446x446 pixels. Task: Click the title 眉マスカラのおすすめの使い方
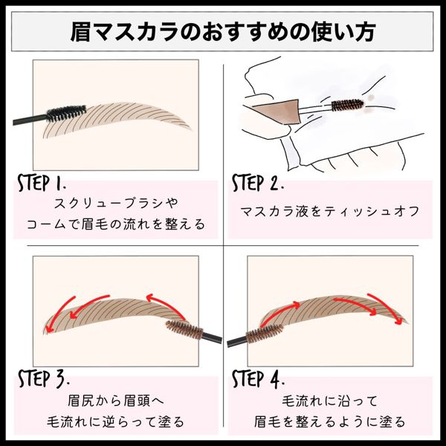tap(223, 31)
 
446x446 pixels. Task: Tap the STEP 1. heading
tap(42, 183)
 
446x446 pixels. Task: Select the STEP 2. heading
tap(258, 183)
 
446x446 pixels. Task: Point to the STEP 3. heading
tap(43, 378)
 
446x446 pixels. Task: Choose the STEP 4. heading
tap(258, 378)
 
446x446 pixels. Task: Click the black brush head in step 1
tap(66, 113)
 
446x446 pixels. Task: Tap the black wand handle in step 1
tap(30, 120)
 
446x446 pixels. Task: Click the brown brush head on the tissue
tap(347, 105)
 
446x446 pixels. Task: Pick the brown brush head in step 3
tap(184, 329)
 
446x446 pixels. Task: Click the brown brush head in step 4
tap(265, 333)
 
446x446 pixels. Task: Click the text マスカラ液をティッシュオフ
tap(330, 212)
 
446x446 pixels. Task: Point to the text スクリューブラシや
tap(116, 204)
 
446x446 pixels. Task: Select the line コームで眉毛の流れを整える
tap(116, 224)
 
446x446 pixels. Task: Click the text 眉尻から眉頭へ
tap(116, 401)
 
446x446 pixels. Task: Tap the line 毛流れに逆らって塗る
tap(116, 421)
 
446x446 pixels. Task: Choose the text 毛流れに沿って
tap(330, 401)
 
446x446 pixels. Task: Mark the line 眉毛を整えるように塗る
tap(330, 421)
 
